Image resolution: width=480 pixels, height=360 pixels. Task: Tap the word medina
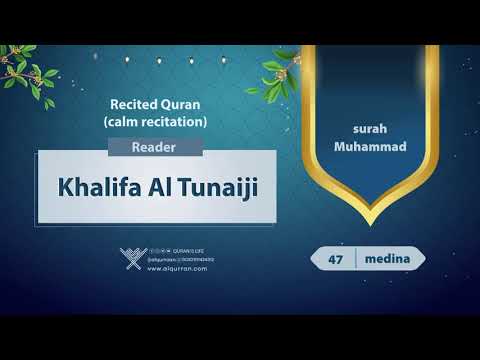pyautogui.click(x=384, y=258)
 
